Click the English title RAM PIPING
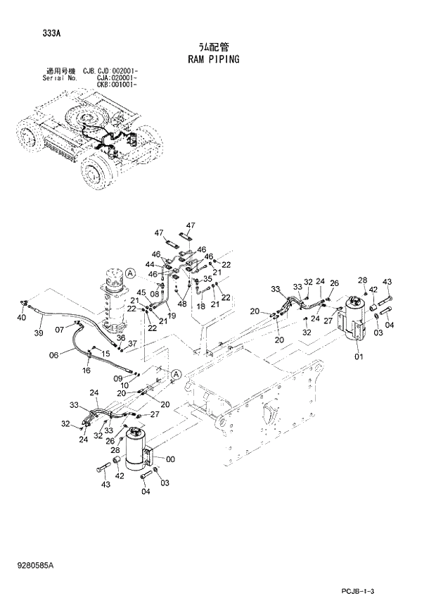click(213, 59)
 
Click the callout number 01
click(359, 356)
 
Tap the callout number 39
click(39, 333)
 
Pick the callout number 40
click(21, 318)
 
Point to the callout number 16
click(86, 370)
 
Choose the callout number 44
click(150, 265)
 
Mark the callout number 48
click(182, 304)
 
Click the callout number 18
click(201, 306)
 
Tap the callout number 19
click(171, 316)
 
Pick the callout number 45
click(141, 293)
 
